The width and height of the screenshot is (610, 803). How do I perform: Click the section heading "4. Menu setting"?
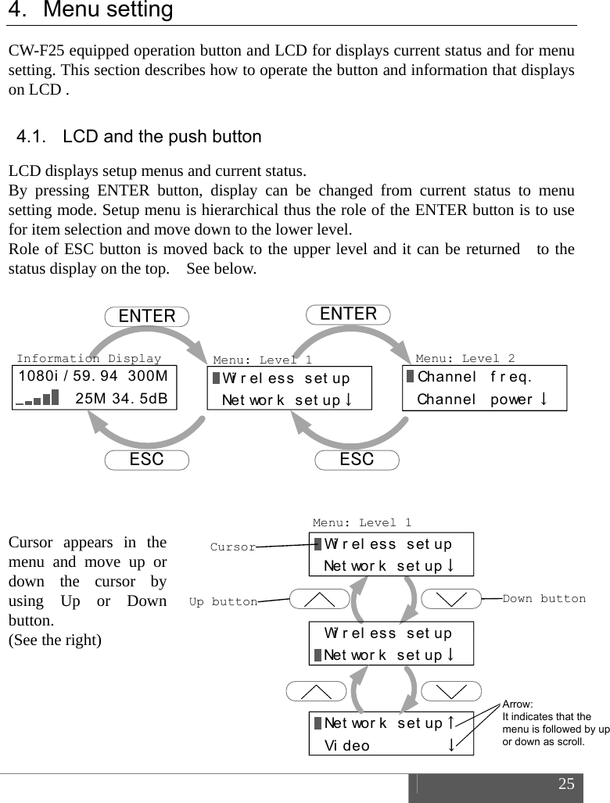(x=90, y=11)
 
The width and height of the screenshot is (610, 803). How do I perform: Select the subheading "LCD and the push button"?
(x=162, y=137)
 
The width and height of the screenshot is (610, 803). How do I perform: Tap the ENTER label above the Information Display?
(x=147, y=316)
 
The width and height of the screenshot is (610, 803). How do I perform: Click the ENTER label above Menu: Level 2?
(x=349, y=314)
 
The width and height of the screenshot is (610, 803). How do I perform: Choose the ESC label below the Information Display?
(x=146, y=460)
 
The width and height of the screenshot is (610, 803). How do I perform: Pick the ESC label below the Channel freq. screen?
(x=357, y=460)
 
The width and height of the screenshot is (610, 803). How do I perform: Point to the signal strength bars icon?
(x=37, y=399)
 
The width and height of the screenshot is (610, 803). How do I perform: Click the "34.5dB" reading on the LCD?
(x=142, y=399)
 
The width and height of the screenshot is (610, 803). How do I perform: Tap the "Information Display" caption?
(x=88, y=358)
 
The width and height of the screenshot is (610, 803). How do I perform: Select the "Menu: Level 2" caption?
(x=465, y=358)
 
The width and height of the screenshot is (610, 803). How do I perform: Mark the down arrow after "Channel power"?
(x=541, y=399)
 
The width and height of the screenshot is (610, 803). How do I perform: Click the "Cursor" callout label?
(x=232, y=547)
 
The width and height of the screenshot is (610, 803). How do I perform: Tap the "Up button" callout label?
(x=224, y=601)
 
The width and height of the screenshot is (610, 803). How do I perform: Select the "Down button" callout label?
(x=544, y=599)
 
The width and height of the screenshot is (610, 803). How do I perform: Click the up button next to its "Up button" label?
(x=318, y=600)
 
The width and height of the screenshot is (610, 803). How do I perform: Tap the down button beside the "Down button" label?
(x=451, y=600)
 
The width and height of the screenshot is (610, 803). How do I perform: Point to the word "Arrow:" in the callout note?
(x=517, y=704)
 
